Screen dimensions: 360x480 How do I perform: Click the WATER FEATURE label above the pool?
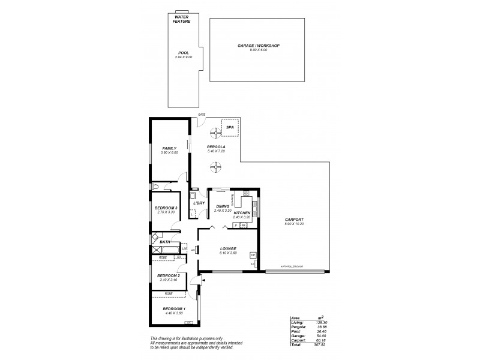tap(181, 19)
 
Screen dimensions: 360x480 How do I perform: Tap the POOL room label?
tap(183, 53)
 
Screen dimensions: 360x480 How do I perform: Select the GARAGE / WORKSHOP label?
tap(258, 46)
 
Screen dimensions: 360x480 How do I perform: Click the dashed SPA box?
tap(230, 128)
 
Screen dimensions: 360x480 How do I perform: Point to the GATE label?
tap(202, 114)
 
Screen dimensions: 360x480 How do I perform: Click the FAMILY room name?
tap(169, 148)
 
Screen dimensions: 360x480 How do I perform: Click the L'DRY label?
tap(199, 203)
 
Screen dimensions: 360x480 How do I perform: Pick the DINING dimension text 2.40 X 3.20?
tap(223, 211)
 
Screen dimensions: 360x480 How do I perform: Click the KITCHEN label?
tap(242, 213)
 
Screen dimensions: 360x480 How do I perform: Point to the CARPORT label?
tap(294, 220)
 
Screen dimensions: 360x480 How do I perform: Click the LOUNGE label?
tap(227, 248)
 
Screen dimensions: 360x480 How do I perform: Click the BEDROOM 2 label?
tap(169, 275)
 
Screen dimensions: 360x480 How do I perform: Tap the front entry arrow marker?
tap(203, 279)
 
